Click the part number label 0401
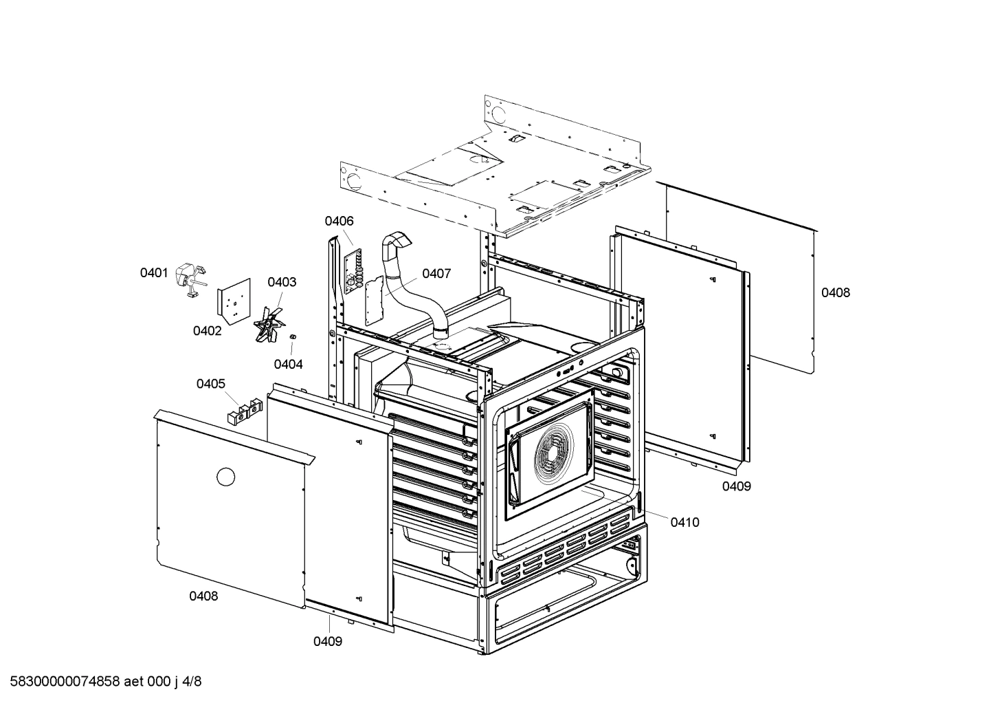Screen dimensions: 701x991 pos(154,273)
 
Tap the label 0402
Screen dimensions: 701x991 pos(207,331)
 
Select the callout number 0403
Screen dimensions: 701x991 pos(282,282)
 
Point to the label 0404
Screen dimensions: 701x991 pos(288,364)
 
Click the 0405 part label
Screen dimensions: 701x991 pos(211,383)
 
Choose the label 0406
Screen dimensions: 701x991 pos(339,221)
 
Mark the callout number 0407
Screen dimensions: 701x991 pos(436,274)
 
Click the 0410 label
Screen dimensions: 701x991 pos(684,522)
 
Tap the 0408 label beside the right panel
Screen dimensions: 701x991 pos(836,292)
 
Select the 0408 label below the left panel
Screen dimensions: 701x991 pos(203,596)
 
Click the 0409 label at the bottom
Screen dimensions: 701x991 pos(328,641)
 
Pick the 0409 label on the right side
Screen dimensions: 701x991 pos(736,486)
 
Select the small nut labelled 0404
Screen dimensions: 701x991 pos(293,336)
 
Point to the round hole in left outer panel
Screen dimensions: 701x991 pos(225,476)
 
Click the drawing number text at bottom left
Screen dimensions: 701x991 pos(102,682)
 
